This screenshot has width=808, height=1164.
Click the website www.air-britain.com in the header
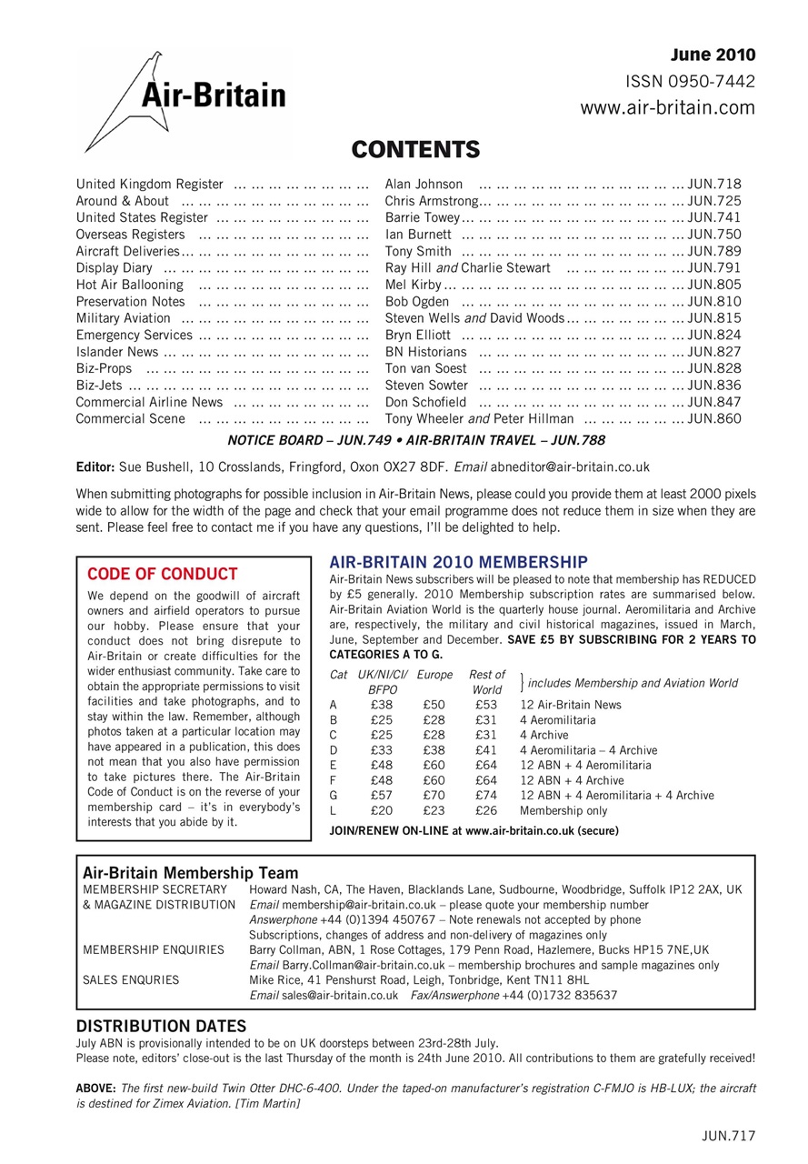pyautogui.click(x=667, y=108)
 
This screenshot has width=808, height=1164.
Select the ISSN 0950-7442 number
pyautogui.click(x=691, y=82)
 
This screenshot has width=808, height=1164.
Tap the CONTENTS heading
pyautogui.click(x=415, y=149)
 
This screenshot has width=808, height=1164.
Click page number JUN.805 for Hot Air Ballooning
pyautogui.click(x=714, y=285)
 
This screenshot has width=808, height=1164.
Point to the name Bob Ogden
pyautogui.click(x=417, y=301)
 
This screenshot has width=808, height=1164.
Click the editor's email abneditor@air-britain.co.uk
pyautogui.click(x=570, y=467)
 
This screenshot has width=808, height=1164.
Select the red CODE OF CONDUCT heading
pyautogui.click(x=163, y=574)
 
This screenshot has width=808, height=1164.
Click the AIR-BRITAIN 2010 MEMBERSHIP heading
pyautogui.click(x=458, y=562)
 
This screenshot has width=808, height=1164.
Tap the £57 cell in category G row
pyautogui.click(x=382, y=796)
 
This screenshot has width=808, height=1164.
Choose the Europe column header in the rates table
pyautogui.click(x=434, y=675)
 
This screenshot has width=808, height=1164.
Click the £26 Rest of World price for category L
pyautogui.click(x=486, y=811)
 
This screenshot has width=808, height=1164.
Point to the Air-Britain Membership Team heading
pyautogui.click(x=190, y=873)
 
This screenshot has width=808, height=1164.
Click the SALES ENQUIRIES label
pyautogui.click(x=131, y=980)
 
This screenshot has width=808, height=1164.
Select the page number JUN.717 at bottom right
pyautogui.click(x=728, y=1135)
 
